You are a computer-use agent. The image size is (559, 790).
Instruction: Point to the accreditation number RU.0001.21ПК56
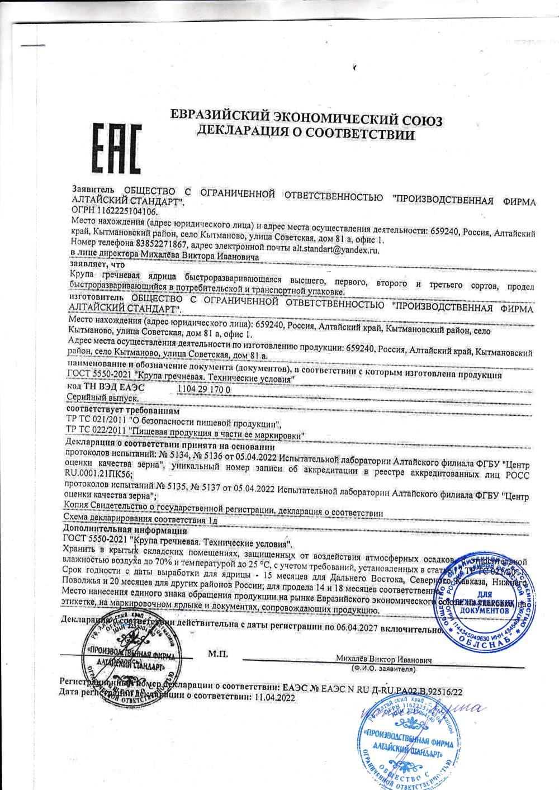coord(99,474)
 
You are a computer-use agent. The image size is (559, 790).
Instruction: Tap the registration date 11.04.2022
coord(274,698)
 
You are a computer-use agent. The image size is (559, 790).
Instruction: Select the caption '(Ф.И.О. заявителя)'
coord(384,669)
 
